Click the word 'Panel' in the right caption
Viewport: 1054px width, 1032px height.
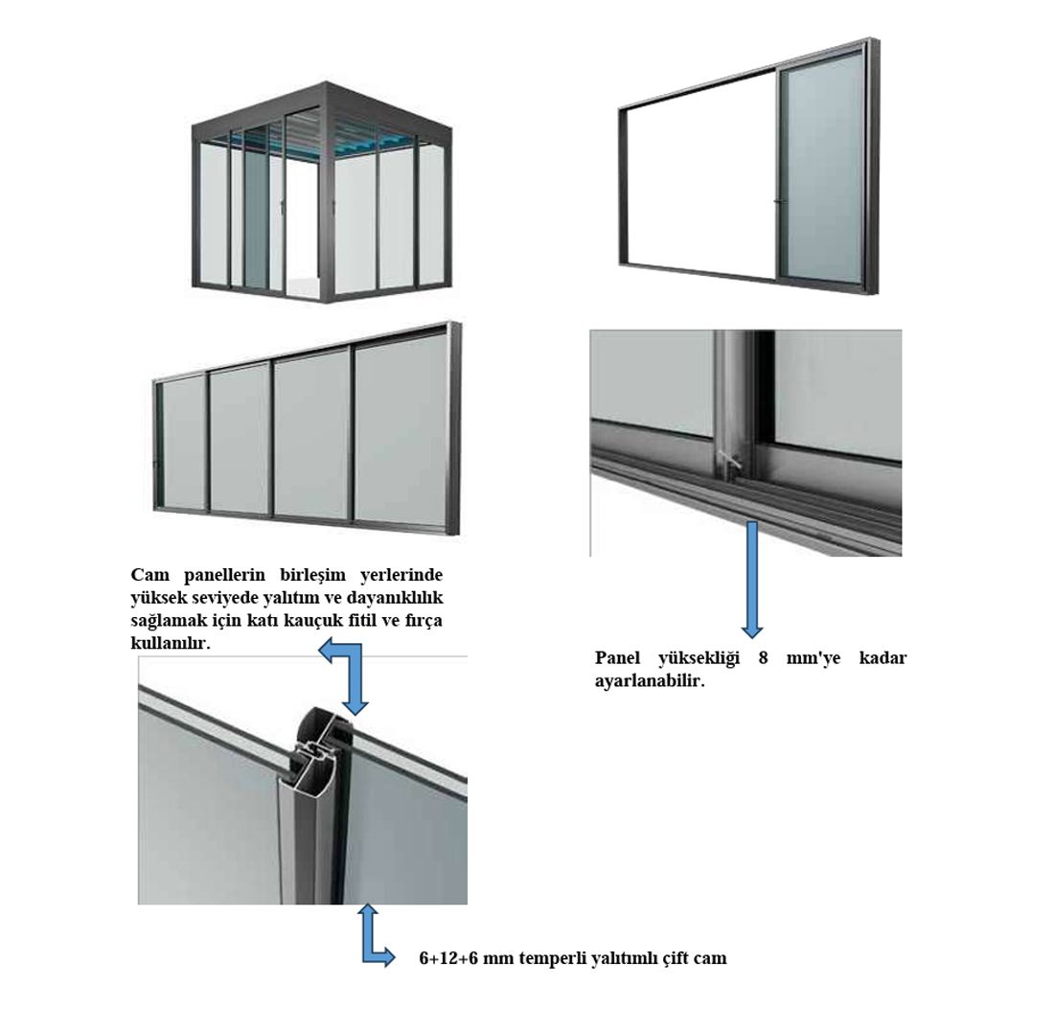click(616, 657)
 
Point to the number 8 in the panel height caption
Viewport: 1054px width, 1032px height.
click(763, 657)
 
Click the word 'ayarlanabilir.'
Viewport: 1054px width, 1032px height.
click(650, 680)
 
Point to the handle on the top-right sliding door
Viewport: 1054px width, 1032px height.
click(776, 200)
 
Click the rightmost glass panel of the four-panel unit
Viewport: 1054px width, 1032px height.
click(401, 434)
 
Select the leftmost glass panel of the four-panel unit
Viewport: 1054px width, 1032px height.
click(183, 444)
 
